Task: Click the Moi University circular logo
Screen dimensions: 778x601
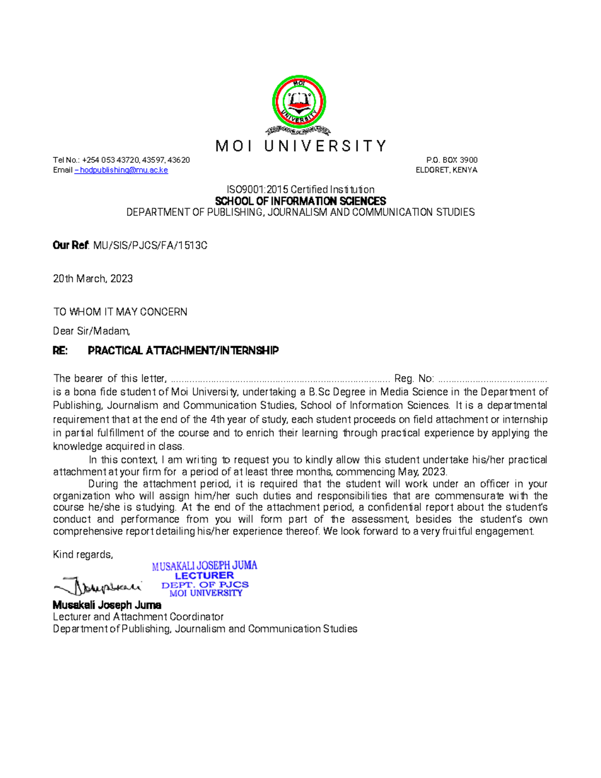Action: coord(299,103)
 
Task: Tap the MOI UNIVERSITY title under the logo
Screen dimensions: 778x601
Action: coord(300,146)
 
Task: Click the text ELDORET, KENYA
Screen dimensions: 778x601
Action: coord(446,170)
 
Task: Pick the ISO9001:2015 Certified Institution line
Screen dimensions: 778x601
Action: coord(300,189)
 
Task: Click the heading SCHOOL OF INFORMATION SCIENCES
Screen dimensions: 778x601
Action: coord(300,201)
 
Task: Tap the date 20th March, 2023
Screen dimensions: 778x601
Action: coord(93,279)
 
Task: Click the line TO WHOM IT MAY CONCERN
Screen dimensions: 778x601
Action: coord(120,312)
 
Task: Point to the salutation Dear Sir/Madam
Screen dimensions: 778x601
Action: coord(91,331)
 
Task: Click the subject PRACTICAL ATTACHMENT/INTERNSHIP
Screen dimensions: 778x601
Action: coord(183,351)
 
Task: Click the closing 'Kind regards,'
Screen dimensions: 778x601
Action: coord(83,555)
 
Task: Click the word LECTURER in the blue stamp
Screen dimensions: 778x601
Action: coord(204,576)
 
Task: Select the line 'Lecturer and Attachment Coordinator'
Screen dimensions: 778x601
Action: coord(138,617)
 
